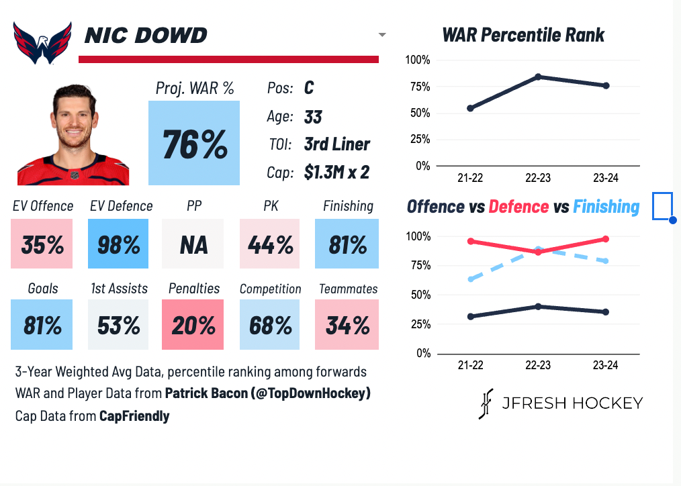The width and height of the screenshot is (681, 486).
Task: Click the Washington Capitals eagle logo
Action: [42, 42]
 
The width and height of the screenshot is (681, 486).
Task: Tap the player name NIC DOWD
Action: [146, 35]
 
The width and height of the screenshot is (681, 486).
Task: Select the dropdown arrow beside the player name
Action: [382, 34]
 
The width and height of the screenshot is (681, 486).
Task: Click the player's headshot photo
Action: [73, 134]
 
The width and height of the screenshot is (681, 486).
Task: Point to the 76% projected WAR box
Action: [194, 143]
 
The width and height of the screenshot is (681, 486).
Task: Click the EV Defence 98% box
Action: [118, 244]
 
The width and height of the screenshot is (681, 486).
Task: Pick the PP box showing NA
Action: [194, 244]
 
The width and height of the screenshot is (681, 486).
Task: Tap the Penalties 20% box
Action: [194, 325]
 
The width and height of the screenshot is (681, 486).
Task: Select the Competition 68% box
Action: [270, 325]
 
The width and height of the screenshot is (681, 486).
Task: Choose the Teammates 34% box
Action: [347, 325]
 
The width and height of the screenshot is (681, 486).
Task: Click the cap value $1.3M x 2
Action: [336, 173]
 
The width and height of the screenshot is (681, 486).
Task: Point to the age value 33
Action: [313, 117]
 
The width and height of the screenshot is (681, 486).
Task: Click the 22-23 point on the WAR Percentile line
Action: [538, 77]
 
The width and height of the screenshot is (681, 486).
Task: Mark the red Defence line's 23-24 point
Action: [606, 239]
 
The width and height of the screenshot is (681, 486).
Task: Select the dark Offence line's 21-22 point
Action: [470, 316]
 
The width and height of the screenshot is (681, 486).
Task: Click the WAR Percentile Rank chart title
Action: [523, 35]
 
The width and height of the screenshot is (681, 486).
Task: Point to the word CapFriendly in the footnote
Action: [134, 416]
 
